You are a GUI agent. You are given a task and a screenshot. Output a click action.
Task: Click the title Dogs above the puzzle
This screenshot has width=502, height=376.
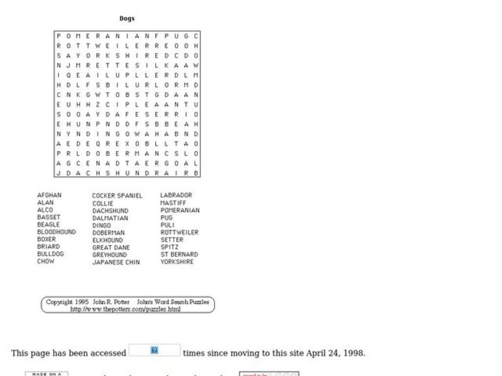(x=127, y=18)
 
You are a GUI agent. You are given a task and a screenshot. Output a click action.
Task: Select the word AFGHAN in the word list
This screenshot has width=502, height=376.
(x=50, y=195)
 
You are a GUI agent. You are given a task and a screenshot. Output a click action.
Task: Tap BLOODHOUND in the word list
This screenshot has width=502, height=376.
(x=56, y=232)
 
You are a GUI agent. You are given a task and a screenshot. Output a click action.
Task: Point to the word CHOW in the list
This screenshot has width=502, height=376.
(x=46, y=261)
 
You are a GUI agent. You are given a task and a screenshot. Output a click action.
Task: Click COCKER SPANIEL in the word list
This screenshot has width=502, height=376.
(x=117, y=196)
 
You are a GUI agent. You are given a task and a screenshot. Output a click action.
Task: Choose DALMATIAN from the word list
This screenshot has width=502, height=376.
(x=110, y=218)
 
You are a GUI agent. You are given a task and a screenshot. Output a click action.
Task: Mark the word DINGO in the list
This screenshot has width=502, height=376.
(x=102, y=226)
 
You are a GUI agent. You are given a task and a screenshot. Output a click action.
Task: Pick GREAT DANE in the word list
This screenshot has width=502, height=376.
(x=110, y=248)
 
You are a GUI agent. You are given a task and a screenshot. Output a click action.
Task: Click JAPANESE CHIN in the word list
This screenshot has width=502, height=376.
(x=116, y=263)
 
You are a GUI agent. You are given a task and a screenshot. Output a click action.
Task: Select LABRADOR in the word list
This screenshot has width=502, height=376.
(x=176, y=196)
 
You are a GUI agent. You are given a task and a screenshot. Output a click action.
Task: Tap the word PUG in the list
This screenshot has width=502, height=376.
(x=166, y=217)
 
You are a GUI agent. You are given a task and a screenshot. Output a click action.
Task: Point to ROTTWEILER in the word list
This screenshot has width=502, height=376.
(x=179, y=232)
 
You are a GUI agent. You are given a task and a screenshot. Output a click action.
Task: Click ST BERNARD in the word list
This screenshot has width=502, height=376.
(x=179, y=254)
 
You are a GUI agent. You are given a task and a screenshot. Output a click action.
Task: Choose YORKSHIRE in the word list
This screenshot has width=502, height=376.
(x=177, y=262)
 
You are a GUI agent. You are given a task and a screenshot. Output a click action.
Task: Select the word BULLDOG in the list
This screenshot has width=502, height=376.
(x=50, y=254)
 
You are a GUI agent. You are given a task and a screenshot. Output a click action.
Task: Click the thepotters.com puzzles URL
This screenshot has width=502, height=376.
(x=125, y=309)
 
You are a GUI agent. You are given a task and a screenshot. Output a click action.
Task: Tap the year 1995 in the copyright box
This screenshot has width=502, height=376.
(x=82, y=301)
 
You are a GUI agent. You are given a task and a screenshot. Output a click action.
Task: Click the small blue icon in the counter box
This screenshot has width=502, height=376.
(x=154, y=350)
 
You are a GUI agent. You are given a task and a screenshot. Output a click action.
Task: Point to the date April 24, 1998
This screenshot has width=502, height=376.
(x=336, y=353)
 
